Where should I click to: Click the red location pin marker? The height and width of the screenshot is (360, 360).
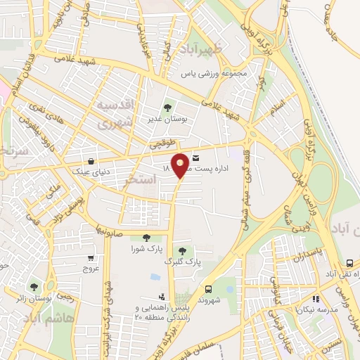(x=180, y=165)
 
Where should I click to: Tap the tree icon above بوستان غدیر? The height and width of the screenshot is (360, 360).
(x=167, y=108)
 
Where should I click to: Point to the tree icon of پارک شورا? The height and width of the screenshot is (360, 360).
(x=146, y=238)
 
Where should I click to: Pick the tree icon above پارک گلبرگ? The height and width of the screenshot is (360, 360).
(x=183, y=250)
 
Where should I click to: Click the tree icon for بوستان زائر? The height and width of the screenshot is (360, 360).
(x=34, y=286)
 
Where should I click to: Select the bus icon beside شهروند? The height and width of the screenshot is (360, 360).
(x=208, y=289)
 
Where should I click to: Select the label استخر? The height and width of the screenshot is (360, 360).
(x=139, y=181)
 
